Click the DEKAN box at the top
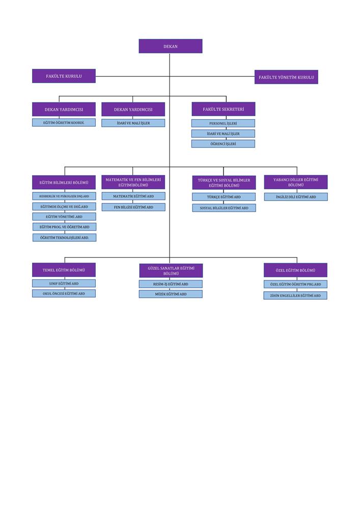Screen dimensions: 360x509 [171, 46]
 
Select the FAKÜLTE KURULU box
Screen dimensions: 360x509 [64, 76]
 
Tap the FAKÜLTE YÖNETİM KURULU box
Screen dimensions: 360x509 [286, 77]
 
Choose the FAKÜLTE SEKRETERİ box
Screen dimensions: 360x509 [224, 109]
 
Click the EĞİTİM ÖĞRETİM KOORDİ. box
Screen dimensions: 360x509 [64, 122]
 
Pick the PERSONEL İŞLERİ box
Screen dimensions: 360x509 [223, 123]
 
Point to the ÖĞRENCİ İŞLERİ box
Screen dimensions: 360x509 [223, 144]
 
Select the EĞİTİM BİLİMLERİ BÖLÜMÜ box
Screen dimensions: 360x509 [64, 182]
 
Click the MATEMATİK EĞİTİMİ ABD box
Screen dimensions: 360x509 [133, 196]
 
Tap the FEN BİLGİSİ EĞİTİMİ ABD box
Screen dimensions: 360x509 [133, 207]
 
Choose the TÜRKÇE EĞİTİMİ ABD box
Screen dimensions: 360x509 [224, 196]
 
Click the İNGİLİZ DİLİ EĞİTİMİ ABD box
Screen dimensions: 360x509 [296, 196]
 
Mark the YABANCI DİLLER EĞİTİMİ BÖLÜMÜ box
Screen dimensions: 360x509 [296, 182]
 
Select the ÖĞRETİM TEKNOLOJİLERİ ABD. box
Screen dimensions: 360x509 [64, 238]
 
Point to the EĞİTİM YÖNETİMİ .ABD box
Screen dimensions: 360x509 [64, 216]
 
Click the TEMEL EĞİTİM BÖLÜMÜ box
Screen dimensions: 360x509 [64, 270]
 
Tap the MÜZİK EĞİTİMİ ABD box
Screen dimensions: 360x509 [171, 294]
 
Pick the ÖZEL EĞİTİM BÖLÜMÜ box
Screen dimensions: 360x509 [295, 270]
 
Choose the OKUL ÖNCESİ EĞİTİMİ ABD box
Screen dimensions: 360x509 [64, 294]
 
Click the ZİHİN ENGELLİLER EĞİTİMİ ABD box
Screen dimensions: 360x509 [295, 295]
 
